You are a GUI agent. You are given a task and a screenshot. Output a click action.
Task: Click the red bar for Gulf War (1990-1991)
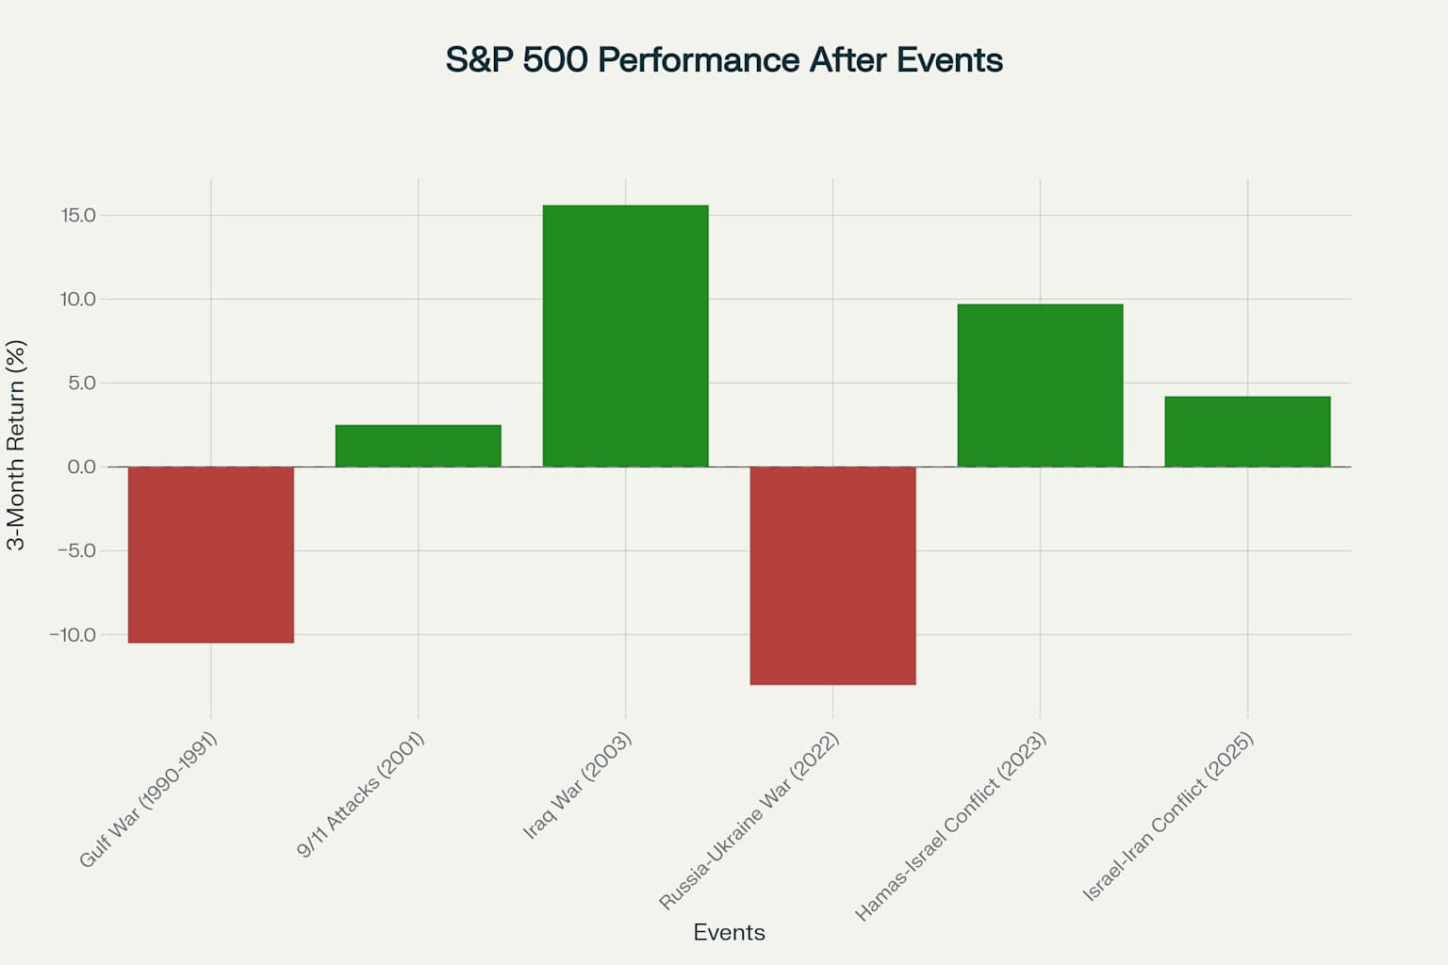210,554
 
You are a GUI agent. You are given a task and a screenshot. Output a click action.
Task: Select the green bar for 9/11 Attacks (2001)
418,446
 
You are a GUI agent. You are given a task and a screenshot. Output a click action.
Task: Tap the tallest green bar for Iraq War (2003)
625,335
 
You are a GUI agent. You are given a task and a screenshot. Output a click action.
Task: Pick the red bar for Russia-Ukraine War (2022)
832,575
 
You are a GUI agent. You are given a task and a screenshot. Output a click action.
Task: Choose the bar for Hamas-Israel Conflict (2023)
1040,385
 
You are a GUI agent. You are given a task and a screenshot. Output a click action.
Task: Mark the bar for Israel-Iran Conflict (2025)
1247,432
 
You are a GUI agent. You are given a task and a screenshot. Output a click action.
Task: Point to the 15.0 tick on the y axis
78,216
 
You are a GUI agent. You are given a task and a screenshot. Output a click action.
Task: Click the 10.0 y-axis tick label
78,300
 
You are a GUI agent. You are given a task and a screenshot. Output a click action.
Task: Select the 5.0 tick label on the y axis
81,384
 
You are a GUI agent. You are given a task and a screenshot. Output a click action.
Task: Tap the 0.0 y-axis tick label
81,467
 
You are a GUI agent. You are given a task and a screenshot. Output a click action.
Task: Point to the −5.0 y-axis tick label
75,551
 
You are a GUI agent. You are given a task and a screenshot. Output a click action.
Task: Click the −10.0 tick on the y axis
73,635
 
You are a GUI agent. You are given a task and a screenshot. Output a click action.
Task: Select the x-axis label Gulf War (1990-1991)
149,799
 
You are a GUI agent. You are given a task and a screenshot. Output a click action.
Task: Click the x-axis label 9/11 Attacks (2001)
361,794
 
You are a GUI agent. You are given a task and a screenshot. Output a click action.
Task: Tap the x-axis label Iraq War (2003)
577,785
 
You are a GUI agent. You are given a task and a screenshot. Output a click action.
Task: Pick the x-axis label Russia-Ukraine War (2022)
749,821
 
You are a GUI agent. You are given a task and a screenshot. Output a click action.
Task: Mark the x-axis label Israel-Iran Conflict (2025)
1168,816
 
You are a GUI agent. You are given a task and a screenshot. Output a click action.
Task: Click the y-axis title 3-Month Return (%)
17,445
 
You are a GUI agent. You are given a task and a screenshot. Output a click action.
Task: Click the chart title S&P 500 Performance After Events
724,60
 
